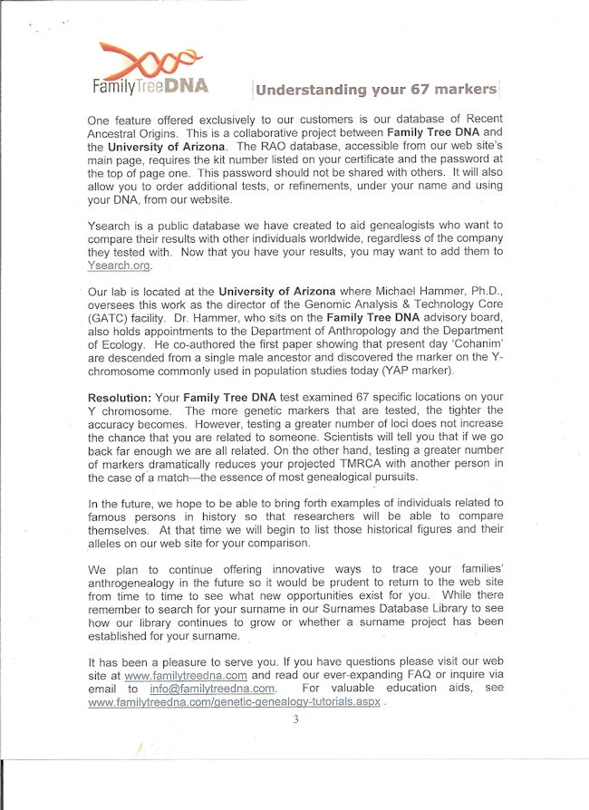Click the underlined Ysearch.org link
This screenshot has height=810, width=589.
click(120, 265)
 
